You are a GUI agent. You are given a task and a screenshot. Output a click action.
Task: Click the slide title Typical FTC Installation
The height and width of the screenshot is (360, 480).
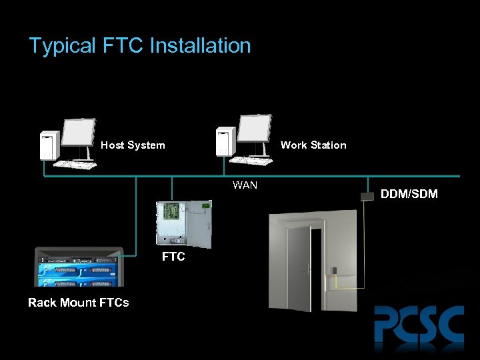pos(140,45)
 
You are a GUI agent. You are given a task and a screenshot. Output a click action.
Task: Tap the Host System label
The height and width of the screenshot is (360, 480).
pos(133,145)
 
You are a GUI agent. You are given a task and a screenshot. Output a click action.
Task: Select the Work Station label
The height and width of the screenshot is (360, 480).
pos(313,145)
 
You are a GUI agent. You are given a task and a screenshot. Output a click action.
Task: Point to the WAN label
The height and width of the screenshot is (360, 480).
pos(245,185)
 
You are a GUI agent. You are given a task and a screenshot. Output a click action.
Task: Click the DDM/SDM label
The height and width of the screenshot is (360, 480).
pos(409,195)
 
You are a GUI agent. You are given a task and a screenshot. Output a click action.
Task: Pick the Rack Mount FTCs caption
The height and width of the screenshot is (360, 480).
pos(79,303)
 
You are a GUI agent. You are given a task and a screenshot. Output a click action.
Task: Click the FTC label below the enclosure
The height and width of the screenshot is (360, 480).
pos(173,257)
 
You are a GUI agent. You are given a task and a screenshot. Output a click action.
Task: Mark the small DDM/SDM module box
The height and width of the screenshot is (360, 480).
pos(365,195)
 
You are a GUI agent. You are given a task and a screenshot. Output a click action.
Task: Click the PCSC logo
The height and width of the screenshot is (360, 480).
pos(419,325)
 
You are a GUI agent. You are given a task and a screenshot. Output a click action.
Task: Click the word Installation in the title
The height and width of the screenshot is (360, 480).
pos(200,45)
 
